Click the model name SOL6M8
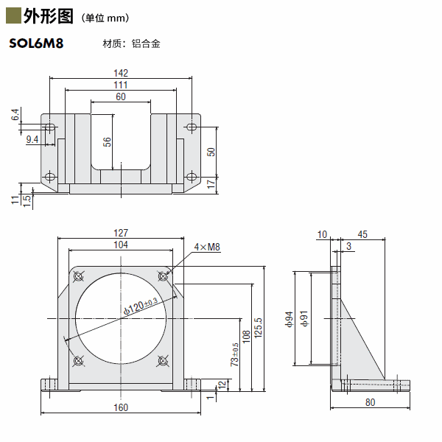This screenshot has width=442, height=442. tap(36, 43)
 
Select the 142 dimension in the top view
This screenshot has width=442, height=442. tap(122, 72)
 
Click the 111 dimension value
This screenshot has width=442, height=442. tap(122, 85)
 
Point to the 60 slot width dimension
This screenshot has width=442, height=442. tap(121, 97)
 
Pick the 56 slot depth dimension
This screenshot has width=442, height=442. tap(108, 142)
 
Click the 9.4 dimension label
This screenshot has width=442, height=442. tap(32, 138)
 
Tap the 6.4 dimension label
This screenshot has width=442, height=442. tap(14, 115)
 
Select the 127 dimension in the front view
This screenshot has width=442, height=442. tap(122, 233)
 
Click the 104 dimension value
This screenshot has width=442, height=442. tap(122, 245)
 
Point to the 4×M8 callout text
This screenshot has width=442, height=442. tap(207, 248)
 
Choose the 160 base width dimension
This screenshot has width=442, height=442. tap(122, 407)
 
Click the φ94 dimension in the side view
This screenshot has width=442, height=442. tap(289, 318)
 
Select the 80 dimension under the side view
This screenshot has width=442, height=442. tap(370, 402)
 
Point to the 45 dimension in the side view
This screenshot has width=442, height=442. tap(362, 235)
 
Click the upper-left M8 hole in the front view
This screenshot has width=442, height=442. tap(79, 276)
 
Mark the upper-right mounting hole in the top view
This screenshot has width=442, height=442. tap(192, 127)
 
